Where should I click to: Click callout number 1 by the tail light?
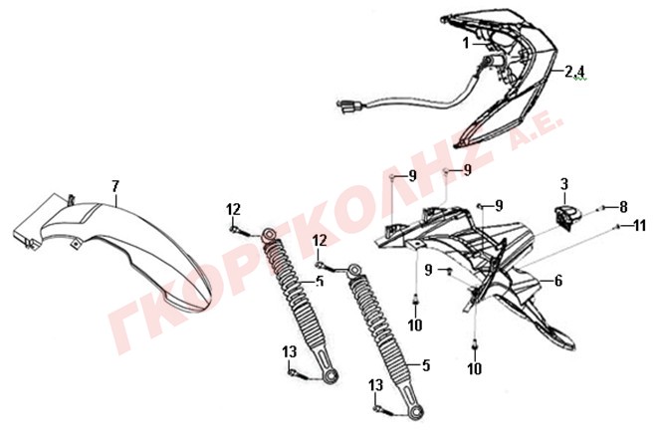click(x=466, y=43)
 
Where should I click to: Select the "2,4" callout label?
click(x=574, y=72)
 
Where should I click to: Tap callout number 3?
click(x=564, y=185)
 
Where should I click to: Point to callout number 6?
click(x=558, y=281)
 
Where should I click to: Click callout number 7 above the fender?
click(x=115, y=186)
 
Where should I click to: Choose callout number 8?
click(x=623, y=207)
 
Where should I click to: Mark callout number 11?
click(x=640, y=226)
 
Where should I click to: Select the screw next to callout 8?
click(x=601, y=208)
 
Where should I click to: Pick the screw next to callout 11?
click(x=618, y=227)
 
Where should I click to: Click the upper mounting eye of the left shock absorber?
click(x=269, y=234)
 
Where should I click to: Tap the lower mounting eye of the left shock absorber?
click(x=331, y=376)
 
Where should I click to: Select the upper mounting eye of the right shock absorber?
click(x=353, y=269)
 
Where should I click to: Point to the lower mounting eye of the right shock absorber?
click(x=417, y=412)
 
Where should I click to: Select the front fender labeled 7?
click(x=113, y=251)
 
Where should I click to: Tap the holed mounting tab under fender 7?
click(x=76, y=244)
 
